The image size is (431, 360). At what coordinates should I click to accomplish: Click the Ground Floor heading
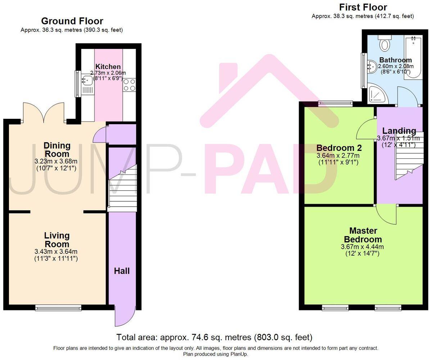coord(72,21)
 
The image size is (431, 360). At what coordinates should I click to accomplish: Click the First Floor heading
coord(363,7)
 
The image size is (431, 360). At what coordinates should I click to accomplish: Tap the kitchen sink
coord(87,80)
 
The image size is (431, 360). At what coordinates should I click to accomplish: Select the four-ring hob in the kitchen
coord(129,85)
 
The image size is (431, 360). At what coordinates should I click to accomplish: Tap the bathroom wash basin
coord(372,66)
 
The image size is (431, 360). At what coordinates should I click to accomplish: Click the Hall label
coord(122,271)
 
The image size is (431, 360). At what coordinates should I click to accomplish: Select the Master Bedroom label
coord(363,235)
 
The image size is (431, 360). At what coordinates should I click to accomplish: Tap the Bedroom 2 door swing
coord(366,130)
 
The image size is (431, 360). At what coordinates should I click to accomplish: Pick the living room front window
coord(58,307)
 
